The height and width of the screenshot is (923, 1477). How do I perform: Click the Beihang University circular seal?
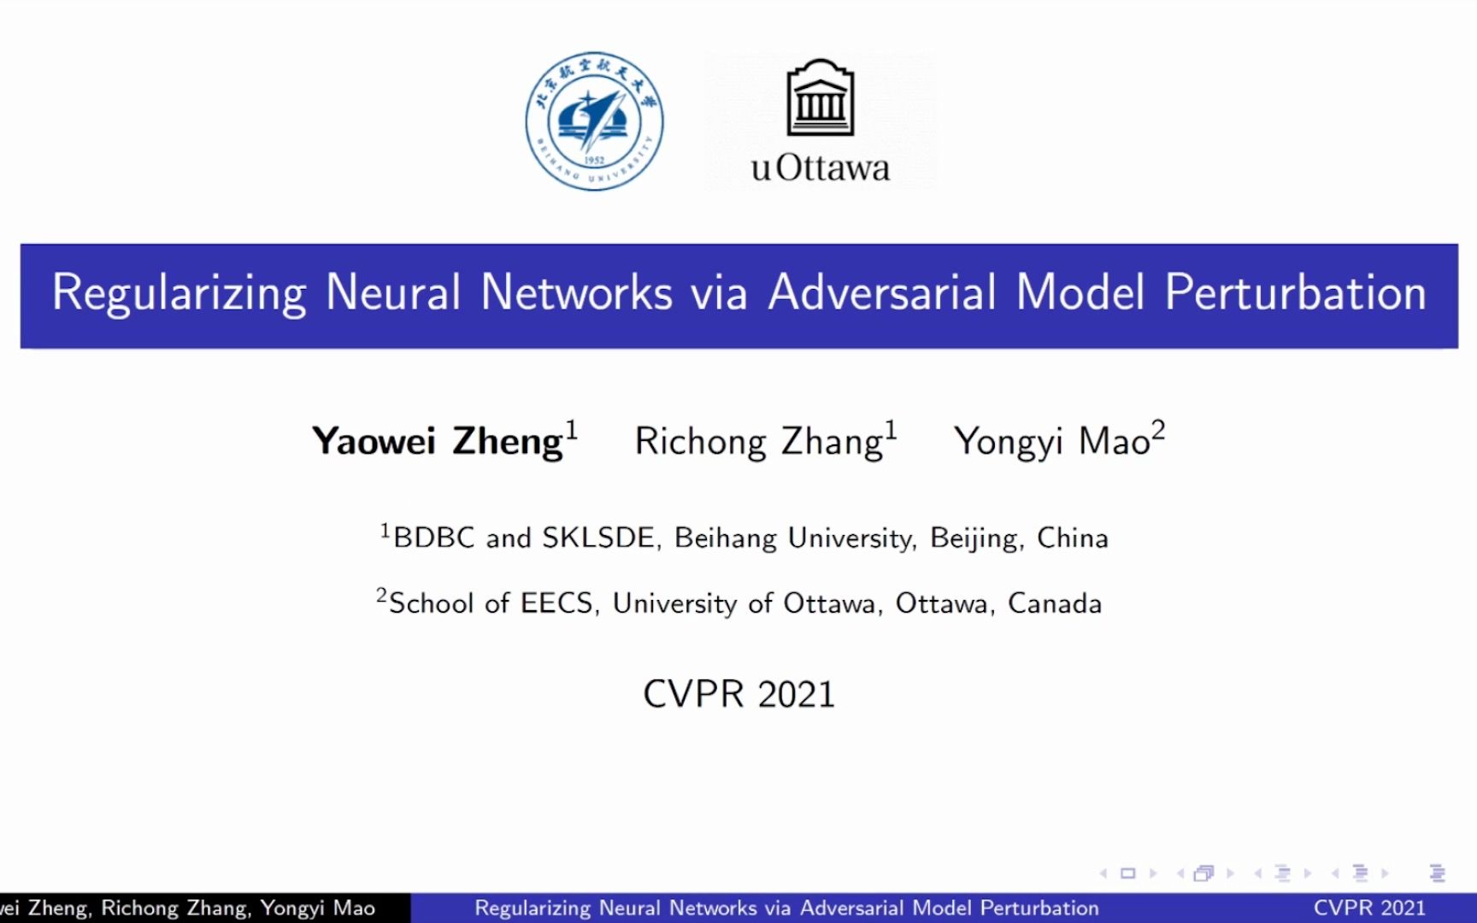click(594, 121)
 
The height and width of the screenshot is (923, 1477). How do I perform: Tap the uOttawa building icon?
click(821, 97)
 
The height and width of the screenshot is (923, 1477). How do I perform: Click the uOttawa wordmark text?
click(821, 168)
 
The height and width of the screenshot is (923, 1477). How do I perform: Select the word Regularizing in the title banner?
click(179, 293)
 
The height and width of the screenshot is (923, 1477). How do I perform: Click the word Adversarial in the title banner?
click(882, 293)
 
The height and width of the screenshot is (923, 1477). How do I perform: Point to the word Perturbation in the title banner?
click(1295, 293)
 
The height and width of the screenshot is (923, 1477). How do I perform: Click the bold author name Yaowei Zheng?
click(438, 442)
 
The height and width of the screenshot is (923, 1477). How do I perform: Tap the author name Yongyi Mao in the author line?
click(1052, 442)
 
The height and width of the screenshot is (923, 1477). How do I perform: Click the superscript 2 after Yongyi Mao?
click(1158, 429)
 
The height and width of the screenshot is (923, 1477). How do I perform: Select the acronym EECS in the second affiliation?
click(556, 603)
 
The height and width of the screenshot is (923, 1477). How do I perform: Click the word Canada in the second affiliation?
click(1055, 603)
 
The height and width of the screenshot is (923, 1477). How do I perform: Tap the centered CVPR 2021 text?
click(738, 694)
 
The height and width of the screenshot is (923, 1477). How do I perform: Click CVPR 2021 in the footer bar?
click(1369, 908)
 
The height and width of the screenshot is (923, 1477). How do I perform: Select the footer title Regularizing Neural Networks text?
click(786, 908)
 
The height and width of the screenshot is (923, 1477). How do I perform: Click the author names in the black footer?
click(188, 908)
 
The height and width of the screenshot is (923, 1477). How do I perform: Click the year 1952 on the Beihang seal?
click(594, 161)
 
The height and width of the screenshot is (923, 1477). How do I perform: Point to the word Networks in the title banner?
click(576, 293)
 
